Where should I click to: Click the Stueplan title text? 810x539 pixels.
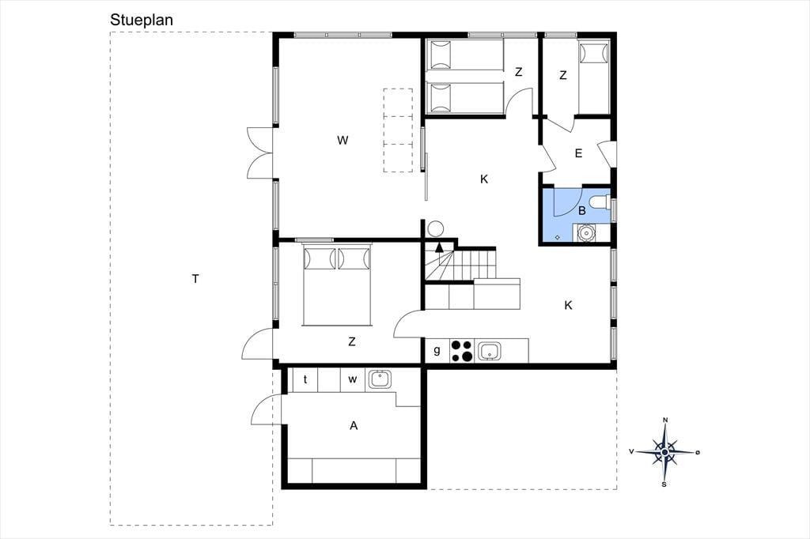click(141, 20)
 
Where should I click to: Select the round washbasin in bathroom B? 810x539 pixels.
click(586, 232)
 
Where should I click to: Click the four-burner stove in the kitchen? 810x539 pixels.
click(462, 351)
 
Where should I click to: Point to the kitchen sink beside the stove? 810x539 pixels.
click(489, 351)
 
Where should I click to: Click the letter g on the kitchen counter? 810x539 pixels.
click(437, 350)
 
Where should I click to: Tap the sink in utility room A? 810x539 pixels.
click(380, 379)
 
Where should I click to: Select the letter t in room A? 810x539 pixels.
click(305, 379)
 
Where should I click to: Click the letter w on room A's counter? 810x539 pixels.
click(352, 379)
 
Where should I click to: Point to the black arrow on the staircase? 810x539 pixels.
click(439, 247)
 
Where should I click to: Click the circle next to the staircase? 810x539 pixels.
click(435, 228)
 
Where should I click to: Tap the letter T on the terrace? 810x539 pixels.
click(195, 279)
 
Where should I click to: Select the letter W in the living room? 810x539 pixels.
click(343, 140)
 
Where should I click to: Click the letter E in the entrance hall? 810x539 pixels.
click(578, 153)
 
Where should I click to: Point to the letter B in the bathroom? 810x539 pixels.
click(582, 211)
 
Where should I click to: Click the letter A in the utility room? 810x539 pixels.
click(354, 425)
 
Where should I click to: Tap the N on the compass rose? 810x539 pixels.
click(665, 420)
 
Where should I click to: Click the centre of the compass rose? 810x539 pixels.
click(664, 452)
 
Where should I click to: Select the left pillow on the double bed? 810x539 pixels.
click(318, 258)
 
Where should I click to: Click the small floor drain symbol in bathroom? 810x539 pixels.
click(558, 237)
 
